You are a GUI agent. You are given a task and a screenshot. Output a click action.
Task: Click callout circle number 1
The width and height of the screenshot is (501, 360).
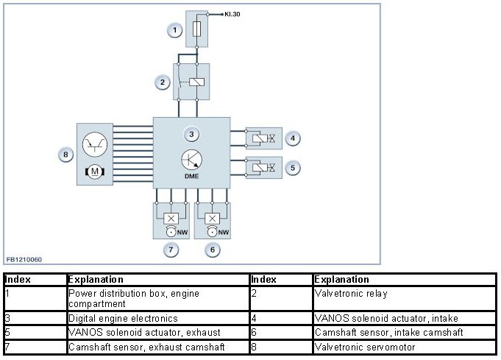point(174,30)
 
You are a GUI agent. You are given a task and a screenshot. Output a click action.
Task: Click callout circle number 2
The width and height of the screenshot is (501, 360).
point(163,82)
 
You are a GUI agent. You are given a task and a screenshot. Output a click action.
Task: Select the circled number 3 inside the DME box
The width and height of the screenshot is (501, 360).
point(191,134)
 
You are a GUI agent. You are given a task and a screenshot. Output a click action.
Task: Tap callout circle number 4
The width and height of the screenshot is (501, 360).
point(293,138)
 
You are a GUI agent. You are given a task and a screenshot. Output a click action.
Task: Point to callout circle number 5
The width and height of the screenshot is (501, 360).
point(293,168)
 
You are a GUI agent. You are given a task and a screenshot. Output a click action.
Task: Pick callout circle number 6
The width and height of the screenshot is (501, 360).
point(213,250)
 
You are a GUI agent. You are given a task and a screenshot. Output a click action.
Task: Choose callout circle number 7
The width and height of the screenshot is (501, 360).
point(171,250)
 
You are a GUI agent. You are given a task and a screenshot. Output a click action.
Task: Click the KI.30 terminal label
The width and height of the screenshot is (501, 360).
point(234,14)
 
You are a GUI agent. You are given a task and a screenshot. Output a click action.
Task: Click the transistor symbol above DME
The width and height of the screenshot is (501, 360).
point(191,160)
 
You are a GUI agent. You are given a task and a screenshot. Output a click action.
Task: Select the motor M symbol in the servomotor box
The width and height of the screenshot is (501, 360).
point(94,172)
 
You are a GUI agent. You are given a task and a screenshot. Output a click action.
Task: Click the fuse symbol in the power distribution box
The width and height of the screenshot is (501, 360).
point(197,30)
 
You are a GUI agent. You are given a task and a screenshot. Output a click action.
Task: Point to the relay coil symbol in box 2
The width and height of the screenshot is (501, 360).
point(196,82)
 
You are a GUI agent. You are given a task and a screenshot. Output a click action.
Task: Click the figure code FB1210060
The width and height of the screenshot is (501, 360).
point(25,259)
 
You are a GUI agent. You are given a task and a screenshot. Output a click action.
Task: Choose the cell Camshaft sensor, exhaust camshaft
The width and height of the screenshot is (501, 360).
point(146,346)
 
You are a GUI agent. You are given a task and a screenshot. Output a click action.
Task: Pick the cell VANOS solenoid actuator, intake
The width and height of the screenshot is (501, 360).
point(386,318)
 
